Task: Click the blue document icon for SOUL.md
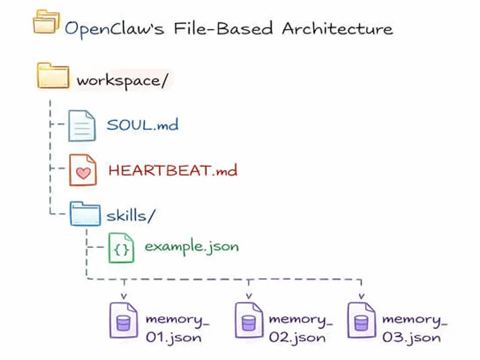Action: click(82, 125)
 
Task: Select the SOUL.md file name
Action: click(142, 124)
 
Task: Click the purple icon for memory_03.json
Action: click(360, 319)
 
